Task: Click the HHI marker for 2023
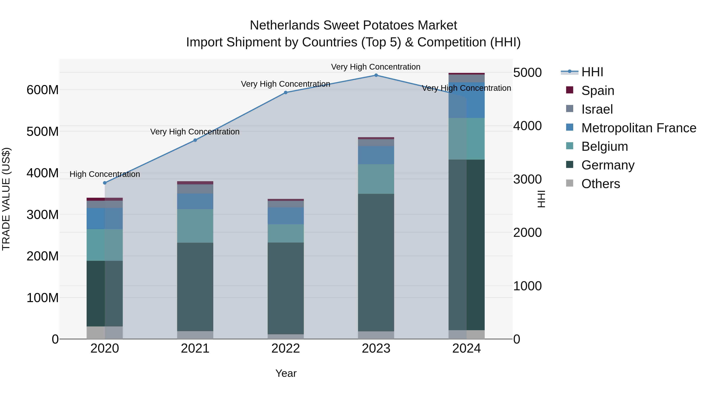pos(376,75)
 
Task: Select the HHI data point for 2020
pos(104,183)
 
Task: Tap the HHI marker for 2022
pos(285,93)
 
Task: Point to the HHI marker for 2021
pos(195,140)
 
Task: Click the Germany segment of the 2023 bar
pos(376,262)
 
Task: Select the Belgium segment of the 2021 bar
pos(195,226)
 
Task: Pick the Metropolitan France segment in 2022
pos(285,216)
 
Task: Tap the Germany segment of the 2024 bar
pos(467,244)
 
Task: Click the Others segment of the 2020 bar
pos(104,333)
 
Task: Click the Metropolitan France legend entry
pos(639,128)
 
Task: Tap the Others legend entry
pos(601,184)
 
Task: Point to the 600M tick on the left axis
pos(43,90)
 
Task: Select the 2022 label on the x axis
pos(285,348)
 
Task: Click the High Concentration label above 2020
pos(104,174)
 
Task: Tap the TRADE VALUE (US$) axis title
pos(6,199)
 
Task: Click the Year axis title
pos(286,373)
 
